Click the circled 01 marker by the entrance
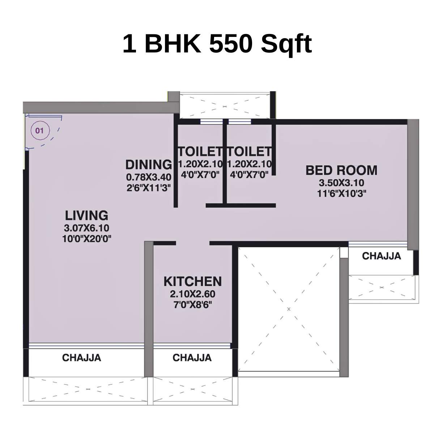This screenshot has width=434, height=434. [x=39, y=130]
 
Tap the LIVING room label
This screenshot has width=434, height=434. [x=86, y=215]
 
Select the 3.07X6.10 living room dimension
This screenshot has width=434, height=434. [x=86, y=228]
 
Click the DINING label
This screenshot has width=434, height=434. [x=149, y=165]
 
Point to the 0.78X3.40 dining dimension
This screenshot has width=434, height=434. [x=148, y=178]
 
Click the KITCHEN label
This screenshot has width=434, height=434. [x=192, y=281]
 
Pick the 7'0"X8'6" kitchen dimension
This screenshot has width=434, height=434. [x=192, y=305]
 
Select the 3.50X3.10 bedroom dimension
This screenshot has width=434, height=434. [x=341, y=183]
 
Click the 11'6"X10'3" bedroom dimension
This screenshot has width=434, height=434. [x=341, y=193]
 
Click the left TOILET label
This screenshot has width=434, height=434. [x=200, y=151]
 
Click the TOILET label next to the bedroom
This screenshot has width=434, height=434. [x=249, y=151]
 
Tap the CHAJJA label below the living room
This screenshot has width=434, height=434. [x=82, y=358]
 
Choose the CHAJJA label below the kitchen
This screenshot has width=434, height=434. [x=192, y=358]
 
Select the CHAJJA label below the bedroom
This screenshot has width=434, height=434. [x=382, y=256]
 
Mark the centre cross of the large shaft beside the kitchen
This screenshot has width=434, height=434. [x=289, y=309]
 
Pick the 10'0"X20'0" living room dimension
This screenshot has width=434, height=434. [x=86, y=239]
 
